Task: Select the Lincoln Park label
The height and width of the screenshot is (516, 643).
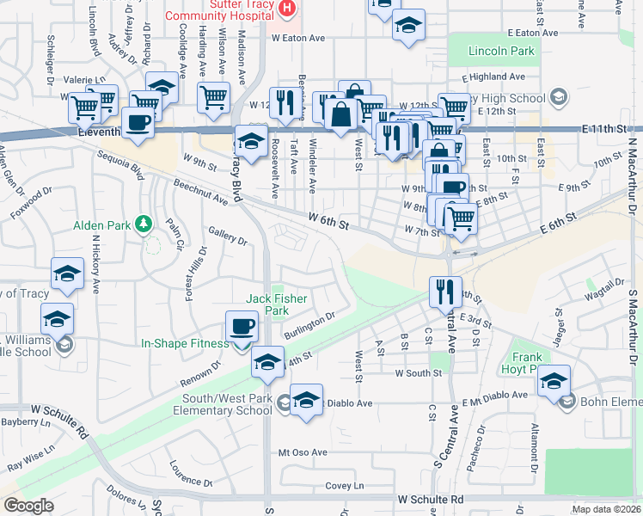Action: pos(501,51)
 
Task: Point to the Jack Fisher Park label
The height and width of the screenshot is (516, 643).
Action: pos(277,304)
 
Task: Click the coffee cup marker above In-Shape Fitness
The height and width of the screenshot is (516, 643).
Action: pos(242,328)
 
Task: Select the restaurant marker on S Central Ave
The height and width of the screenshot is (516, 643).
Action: pos(444,292)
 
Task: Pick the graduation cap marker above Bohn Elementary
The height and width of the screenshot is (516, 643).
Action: pos(554,381)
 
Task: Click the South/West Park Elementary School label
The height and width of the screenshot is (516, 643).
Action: pos(228,404)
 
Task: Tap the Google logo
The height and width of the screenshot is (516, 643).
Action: pos(28,506)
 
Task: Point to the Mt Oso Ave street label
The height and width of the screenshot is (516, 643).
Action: pos(303,452)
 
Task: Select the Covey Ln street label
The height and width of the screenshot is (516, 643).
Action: pos(345,486)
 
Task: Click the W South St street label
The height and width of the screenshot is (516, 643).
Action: pos(418,373)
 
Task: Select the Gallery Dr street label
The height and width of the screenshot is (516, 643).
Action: pos(227,236)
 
